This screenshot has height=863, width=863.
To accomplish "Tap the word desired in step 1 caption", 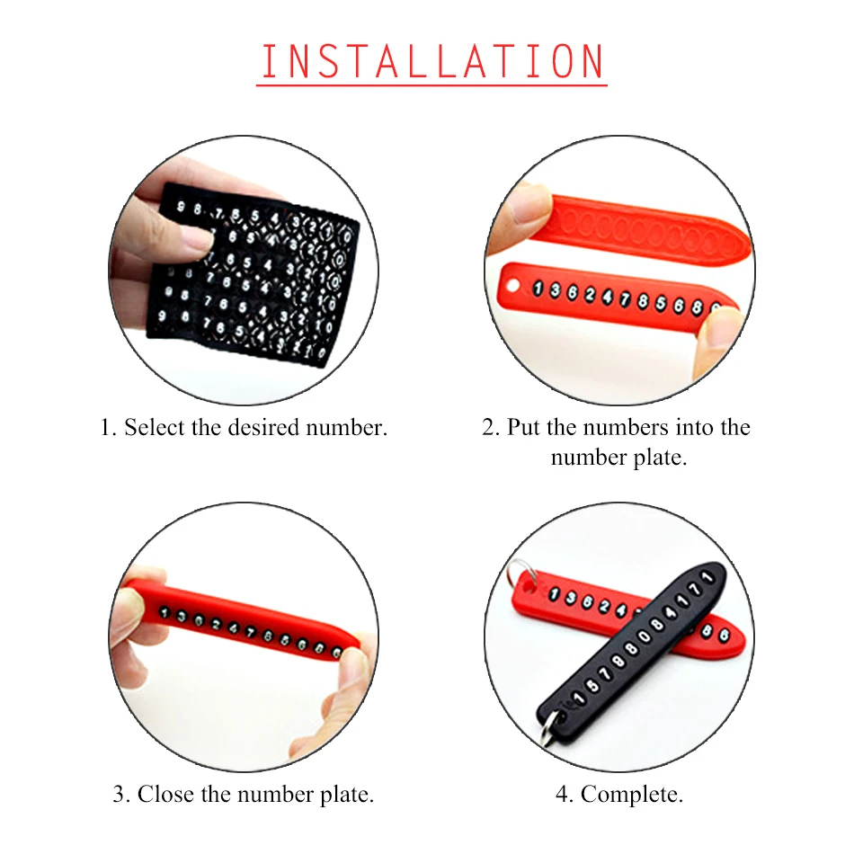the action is [263, 428].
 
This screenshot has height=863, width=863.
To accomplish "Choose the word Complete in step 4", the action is [632, 795].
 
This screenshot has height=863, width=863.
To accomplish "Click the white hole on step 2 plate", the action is [512, 286].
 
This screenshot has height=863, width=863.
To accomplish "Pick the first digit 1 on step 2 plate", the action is [538, 288].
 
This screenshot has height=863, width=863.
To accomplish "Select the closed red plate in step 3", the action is [242, 619].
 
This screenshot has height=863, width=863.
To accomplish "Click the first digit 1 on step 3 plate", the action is [164, 611].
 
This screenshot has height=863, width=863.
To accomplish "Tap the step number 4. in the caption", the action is [565, 795].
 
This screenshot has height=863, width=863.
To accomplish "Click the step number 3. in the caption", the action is [121, 795].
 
